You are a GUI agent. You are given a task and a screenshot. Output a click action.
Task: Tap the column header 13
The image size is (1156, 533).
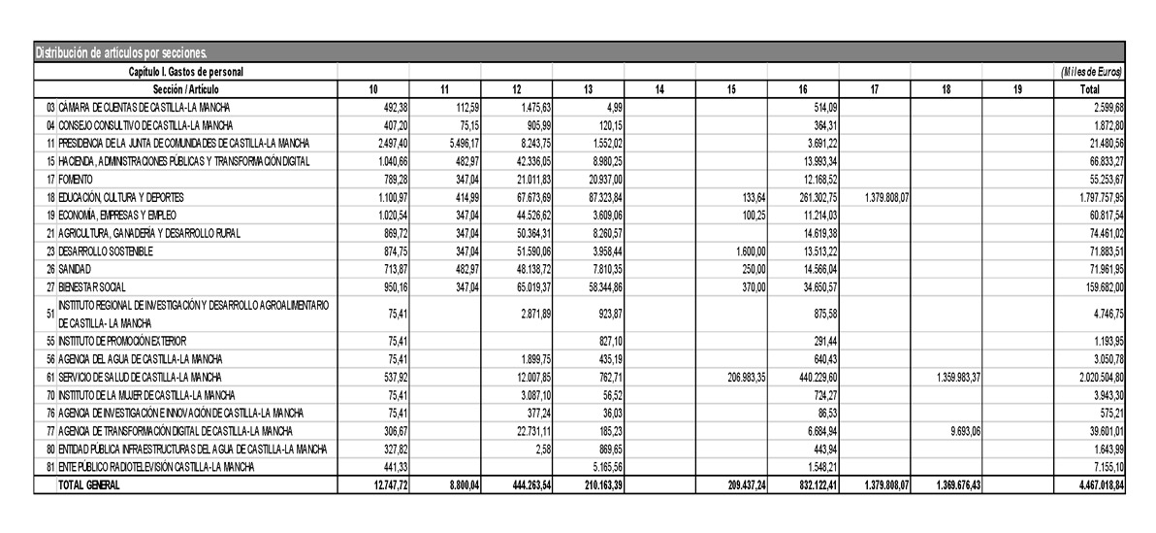pos(589,89)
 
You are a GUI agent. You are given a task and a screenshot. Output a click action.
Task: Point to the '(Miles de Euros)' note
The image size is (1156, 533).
pos(1092,73)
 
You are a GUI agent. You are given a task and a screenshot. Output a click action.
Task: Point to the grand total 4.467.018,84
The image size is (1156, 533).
pos(1089,485)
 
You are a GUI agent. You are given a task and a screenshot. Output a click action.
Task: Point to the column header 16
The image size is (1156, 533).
pos(803,89)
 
